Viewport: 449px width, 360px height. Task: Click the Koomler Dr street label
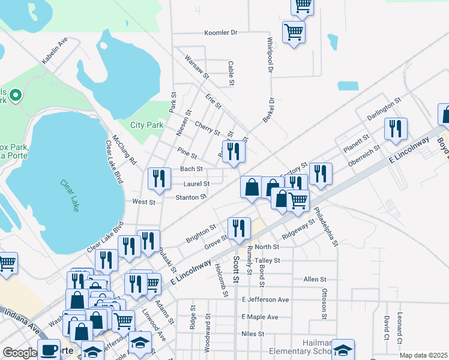(221, 32)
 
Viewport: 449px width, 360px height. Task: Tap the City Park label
(147, 125)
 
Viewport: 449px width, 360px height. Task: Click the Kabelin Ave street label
(55, 51)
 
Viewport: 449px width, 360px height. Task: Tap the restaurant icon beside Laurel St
(159, 179)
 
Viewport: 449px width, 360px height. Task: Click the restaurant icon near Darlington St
(396, 129)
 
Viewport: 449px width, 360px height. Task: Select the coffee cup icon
(49, 350)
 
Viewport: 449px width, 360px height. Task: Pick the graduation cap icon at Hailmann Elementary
(343, 350)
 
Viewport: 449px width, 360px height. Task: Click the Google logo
(19, 353)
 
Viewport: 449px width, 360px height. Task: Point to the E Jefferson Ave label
(265, 299)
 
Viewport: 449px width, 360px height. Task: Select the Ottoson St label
(324, 304)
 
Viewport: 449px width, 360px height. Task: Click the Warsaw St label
(197, 67)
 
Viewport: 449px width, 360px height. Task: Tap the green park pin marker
(16, 95)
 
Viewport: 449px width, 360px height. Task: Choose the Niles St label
(253, 334)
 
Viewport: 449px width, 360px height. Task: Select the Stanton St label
(191, 197)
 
